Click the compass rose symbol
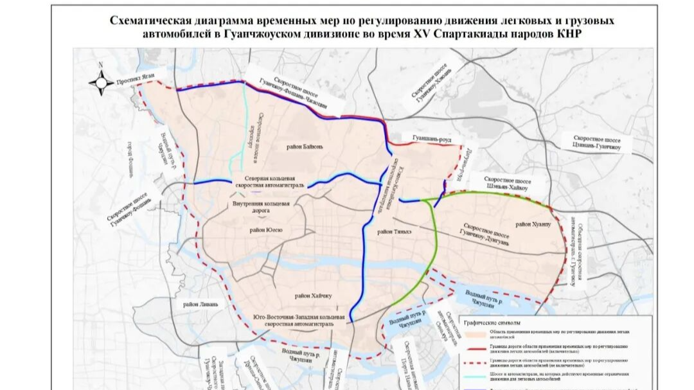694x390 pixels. (x=101, y=82)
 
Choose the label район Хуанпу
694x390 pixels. (x=533, y=224)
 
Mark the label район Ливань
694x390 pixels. (x=200, y=304)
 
